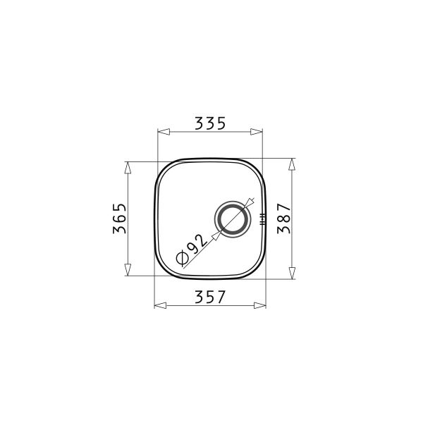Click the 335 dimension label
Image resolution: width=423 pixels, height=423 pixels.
click(210, 123)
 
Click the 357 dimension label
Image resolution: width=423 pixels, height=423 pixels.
click(210, 297)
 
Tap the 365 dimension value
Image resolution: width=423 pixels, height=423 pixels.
click(120, 219)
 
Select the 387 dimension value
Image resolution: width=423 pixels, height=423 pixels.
click(284, 219)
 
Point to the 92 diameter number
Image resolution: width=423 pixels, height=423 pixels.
click(197, 244)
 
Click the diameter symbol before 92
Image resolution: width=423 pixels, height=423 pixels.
click(182, 257)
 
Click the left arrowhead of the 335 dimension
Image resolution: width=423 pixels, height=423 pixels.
click(164, 132)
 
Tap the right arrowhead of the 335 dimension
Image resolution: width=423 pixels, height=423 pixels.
click(257, 132)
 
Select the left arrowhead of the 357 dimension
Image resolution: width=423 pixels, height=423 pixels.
click(160, 305)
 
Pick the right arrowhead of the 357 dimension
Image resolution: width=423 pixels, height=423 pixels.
click(260, 305)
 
